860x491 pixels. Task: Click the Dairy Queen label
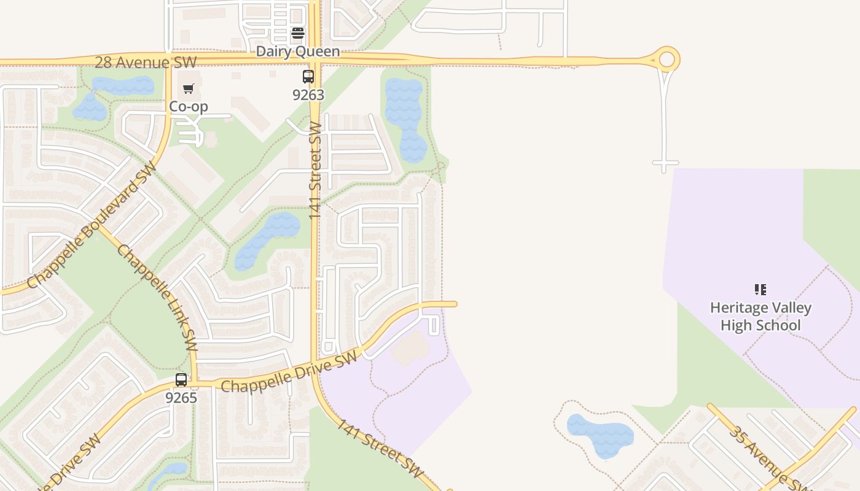click(298, 52)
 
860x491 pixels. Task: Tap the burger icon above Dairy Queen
click(298, 33)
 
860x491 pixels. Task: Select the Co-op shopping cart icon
click(189, 89)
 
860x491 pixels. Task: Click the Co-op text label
click(189, 106)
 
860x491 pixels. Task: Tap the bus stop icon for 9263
click(308, 77)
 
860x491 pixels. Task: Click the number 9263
click(308, 95)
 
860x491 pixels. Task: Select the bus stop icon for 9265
click(181, 380)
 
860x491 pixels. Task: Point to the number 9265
click(181, 398)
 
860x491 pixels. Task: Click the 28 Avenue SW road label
click(146, 62)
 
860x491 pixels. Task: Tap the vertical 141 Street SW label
click(315, 171)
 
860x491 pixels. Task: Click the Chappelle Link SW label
click(157, 294)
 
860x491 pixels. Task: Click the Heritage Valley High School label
click(760, 316)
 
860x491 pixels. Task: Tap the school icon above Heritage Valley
click(760, 289)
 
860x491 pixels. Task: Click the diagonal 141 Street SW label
click(380, 449)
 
